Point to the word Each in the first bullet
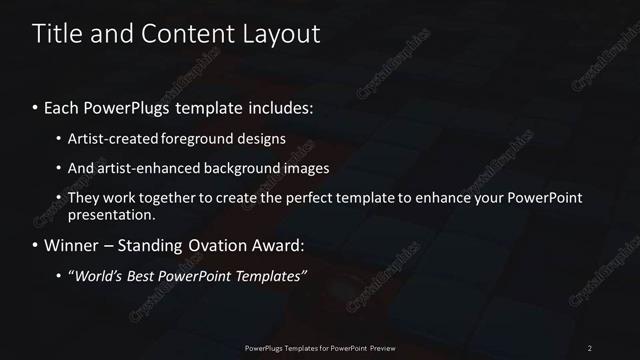pos(65,106)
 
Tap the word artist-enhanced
pos(147,168)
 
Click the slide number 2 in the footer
pos(590,348)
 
